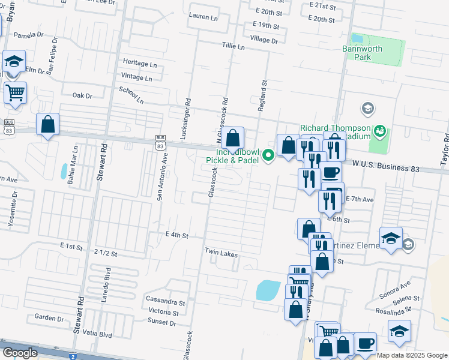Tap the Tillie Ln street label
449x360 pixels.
tap(234, 46)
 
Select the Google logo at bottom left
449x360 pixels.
tap(20, 353)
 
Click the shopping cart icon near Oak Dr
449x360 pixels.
tap(15, 93)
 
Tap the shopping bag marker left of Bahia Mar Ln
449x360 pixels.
tap(48, 124)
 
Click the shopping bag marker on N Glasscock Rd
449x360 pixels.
tap(232, 138)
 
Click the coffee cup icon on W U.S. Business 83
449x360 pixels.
tap(330, 173)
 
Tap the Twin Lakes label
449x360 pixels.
tap(221, 255)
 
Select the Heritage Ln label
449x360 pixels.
tap(140, 62)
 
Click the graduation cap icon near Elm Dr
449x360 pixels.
tap(14, 61)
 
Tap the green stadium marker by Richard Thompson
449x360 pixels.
tap(379, 130)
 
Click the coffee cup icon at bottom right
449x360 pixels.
tap(365, 343)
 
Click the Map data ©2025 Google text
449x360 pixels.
tap(412, 355)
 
